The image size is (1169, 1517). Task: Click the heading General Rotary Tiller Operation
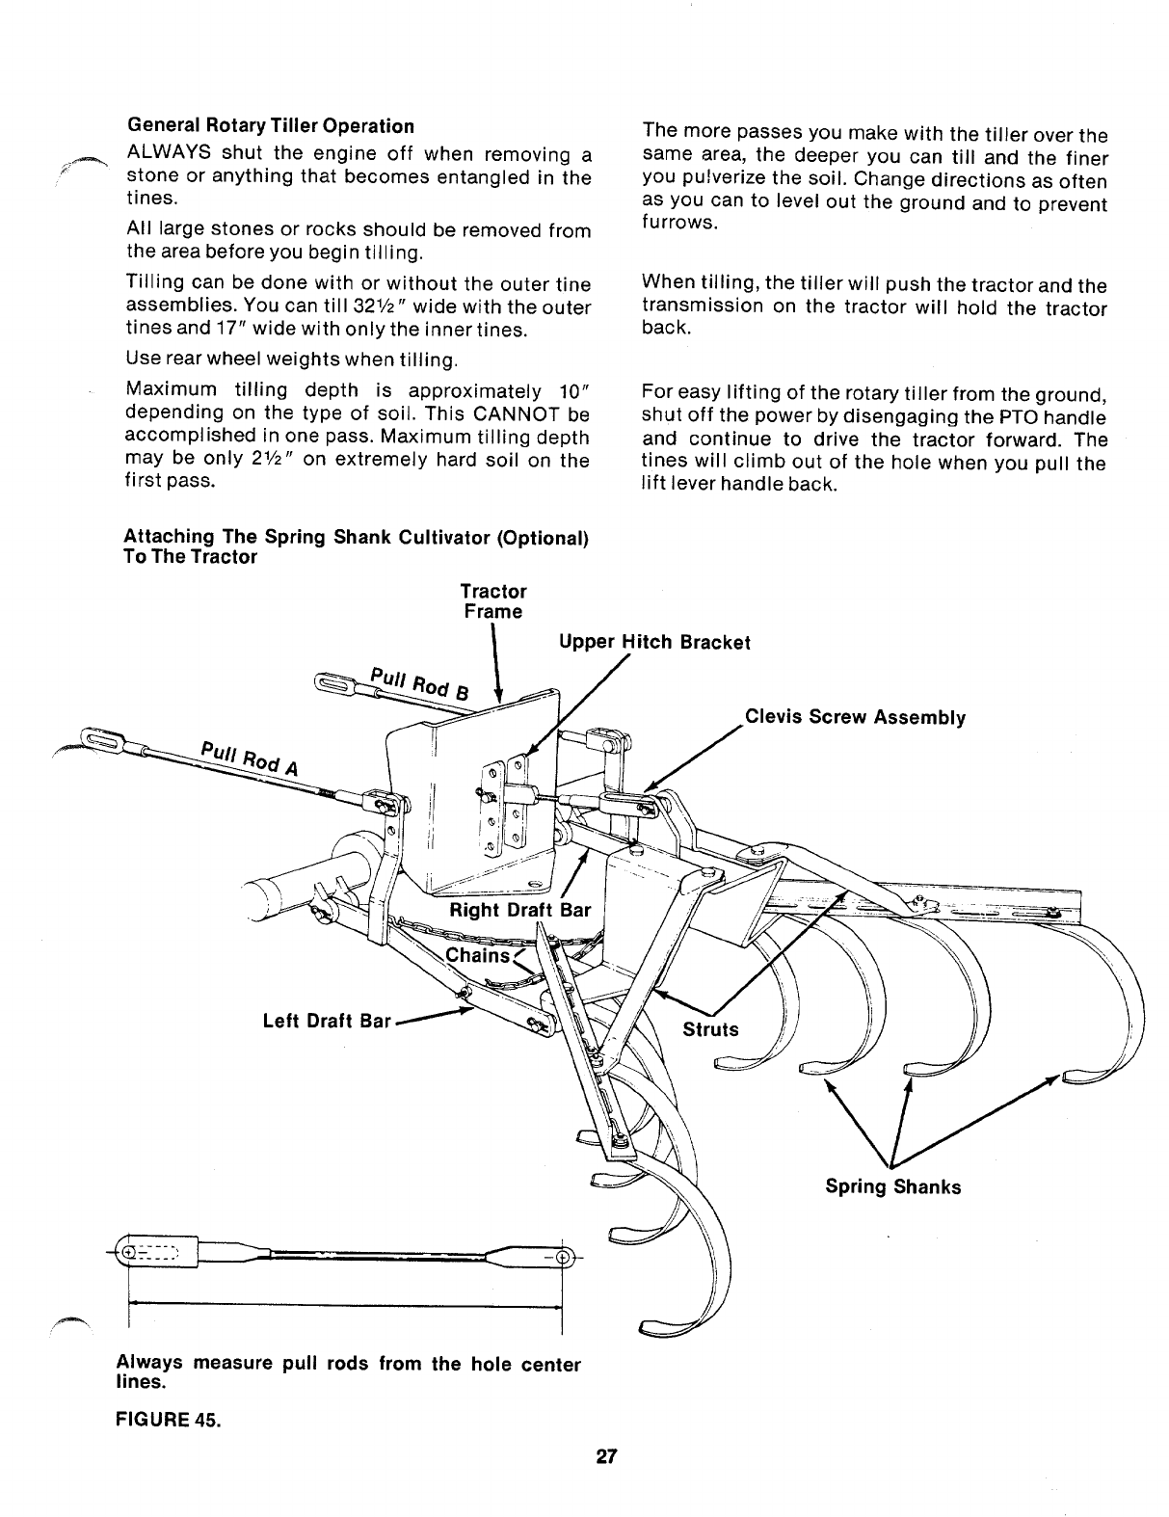(x=270, y=126)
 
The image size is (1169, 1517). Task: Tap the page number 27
(x=604, y=1456)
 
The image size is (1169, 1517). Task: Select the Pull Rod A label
(x=249, y=758)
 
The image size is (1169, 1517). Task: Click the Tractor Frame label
(x=492, y=601)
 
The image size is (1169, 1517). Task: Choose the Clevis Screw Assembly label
(x=854, y=717)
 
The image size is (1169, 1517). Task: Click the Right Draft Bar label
(x=519, y=911)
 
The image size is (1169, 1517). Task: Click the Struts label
(x=710, y=1029)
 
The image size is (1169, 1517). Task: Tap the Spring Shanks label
(x=892, y=1186)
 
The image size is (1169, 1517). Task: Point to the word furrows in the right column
(x=679, y=224)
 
